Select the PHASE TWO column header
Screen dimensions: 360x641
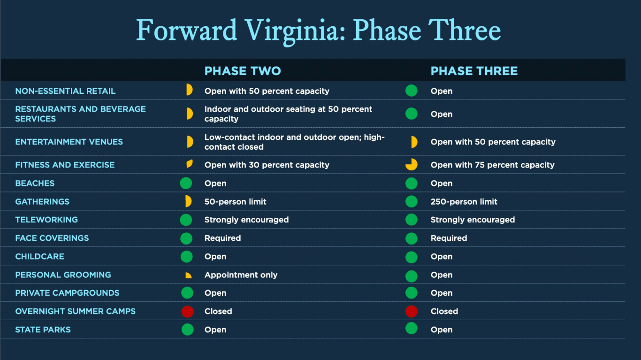point(243,71)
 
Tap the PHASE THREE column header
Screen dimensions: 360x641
point(474,71)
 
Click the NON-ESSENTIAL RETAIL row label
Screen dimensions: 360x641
point(65,91)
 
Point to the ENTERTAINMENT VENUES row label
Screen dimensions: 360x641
point(69,142)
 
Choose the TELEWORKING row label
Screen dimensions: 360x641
point(46,220)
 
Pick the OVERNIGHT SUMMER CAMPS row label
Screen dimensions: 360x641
point(75,311)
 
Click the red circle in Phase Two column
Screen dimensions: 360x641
point(187,311)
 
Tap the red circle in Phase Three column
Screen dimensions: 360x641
point(412,311)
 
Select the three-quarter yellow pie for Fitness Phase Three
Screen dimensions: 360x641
point(412,165)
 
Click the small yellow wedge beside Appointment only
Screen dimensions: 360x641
point(189,276)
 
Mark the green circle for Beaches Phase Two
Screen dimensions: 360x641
point(186,183)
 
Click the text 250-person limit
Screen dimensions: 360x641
point(464,202)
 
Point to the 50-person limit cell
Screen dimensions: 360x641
point(235,202)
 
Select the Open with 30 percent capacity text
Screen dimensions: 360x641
point(267,165)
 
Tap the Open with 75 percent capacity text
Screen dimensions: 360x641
point(492,165)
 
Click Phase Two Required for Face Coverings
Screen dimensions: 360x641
point(222,238)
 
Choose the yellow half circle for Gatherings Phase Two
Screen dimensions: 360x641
point(188,201)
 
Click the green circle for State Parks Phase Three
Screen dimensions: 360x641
point(412,329)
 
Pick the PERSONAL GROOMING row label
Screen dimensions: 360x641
point(63,275)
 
